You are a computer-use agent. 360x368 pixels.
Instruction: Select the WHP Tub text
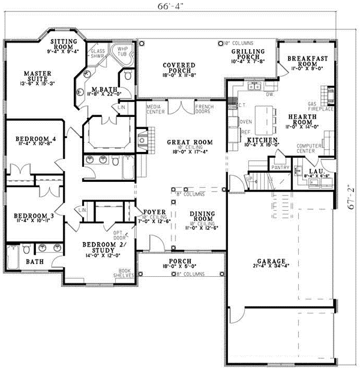point(123,52)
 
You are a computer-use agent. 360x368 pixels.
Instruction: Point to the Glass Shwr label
point(98,55)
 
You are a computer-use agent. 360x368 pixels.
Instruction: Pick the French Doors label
point(204,109)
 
